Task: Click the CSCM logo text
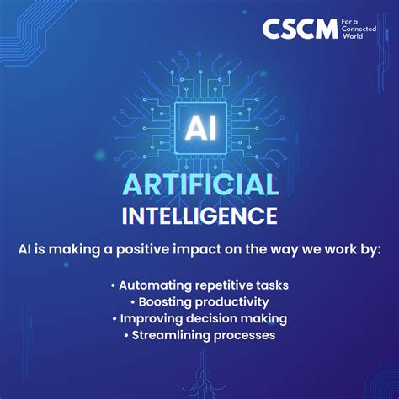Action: point(299,29)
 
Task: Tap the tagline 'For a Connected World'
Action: point(361,29)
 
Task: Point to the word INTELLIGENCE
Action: point(199,215)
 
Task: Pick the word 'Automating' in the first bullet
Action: point(152,285)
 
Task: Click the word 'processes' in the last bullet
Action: point(245,336)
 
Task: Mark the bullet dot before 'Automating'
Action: point(113,286)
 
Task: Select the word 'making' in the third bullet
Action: point(266,319)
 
